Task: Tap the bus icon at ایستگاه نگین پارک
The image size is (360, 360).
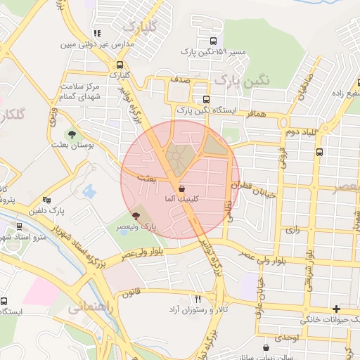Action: pos(206,99)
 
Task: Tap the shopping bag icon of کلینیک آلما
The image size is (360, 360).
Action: pos(182,188)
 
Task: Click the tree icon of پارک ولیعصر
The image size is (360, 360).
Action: pos(136,215)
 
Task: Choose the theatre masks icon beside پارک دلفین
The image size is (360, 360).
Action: pos(46,200)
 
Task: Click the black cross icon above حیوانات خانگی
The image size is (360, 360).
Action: pos(337,309)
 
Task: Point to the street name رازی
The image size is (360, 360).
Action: pos(290,230)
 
